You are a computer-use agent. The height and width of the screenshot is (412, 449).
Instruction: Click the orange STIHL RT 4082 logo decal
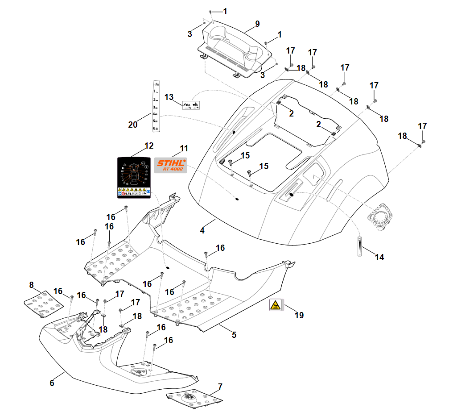click(170, 165)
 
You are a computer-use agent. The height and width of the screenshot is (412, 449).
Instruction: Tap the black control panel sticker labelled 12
click(134, 177)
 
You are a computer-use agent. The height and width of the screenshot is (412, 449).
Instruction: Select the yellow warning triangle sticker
click(275, 305)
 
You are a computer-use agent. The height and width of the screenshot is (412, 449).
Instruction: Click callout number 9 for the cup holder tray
click(257, 23)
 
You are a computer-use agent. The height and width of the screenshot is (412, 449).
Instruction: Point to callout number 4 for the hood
click(202, 231)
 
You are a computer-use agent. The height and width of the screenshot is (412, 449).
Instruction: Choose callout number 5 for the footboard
click(234, 334)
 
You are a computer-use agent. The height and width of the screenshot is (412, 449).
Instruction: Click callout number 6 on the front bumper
click(52, 383)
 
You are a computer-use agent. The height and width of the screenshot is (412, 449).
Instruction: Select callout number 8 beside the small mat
click(32, 284)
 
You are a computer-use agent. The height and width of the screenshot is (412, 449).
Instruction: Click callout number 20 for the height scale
click(133, 125)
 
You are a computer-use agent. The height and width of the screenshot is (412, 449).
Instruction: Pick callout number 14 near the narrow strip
click(379, 257)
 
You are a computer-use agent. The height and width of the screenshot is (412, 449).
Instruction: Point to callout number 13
click(169, 97)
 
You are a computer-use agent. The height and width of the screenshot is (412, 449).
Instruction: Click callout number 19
click(299, 315)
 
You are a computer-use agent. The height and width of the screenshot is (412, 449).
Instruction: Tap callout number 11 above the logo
click(184, 148)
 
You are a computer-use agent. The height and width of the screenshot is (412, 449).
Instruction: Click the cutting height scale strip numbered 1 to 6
click(157, 106)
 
